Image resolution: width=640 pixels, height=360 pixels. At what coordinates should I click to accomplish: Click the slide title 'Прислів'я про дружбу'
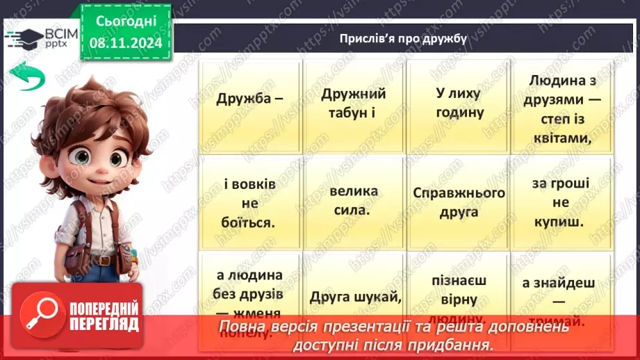click(403, 38)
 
